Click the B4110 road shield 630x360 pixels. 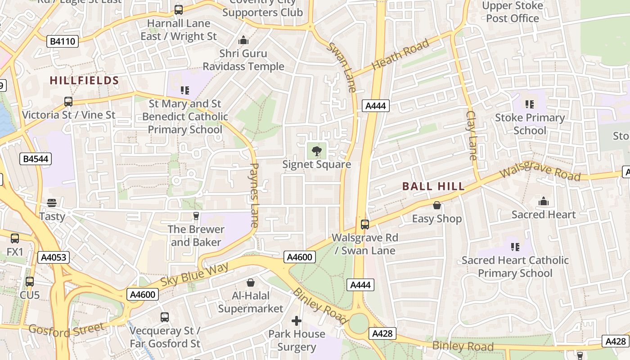(x=63, y=42)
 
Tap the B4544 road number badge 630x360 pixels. (x=36, y=159)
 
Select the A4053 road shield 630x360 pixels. (x=54, y=257)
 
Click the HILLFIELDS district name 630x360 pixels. (x=84, y=81)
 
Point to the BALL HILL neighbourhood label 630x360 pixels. (x=433, y=186)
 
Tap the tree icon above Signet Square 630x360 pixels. (x=316, y=151)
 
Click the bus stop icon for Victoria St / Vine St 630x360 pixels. (x=68, y=102)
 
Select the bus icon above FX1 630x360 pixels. (x=15, y=238)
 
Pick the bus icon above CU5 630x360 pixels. (x=30, y=282)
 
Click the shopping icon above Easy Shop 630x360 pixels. (x=436, y=206)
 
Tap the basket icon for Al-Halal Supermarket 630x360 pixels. (x=251, y=283)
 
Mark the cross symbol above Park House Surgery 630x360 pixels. (x=296, y=321)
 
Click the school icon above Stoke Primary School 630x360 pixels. (x=530, y=104)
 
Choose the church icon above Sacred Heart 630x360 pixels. (x=544, y=201)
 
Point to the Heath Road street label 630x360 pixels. (x=400, y=55)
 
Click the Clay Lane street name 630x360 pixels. (x=472, y=135)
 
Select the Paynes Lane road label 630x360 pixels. (x=254, y=194)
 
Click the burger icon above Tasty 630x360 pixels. (x=52, y=203)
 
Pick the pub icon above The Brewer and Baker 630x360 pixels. (x=196, y=216)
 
